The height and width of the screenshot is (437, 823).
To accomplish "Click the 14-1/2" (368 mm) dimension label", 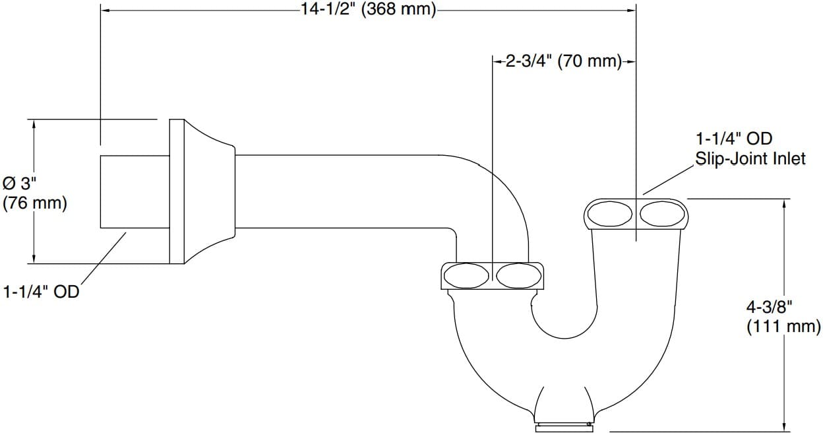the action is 369,9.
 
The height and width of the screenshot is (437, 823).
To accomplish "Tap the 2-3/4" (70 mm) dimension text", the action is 564,61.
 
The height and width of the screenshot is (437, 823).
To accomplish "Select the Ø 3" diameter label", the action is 20,184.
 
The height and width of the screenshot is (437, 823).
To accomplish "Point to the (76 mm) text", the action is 35,203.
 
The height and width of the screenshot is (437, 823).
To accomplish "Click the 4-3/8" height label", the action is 769,307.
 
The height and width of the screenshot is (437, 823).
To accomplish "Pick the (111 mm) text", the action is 783,327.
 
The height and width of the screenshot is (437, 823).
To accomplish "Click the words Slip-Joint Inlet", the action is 750,159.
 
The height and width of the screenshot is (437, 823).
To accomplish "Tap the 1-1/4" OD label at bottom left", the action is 41,292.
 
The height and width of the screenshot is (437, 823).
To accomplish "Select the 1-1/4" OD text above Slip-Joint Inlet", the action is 734,139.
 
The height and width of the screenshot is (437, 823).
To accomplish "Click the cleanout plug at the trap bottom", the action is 564,428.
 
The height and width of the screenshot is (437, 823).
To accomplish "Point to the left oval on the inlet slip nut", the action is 610,214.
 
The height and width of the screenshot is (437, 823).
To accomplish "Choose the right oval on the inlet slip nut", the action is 663,214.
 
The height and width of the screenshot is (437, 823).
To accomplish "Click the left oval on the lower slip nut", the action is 467,275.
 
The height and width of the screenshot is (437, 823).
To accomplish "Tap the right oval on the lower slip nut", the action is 519,275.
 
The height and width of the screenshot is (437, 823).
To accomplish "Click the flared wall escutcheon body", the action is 210,191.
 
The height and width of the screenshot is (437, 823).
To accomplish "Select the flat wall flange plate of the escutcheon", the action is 177,191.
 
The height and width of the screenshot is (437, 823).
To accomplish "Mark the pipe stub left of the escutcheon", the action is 135,191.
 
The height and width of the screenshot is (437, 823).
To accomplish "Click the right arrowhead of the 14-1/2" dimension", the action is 632,11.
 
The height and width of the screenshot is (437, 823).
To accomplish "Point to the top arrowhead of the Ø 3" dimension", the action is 34,124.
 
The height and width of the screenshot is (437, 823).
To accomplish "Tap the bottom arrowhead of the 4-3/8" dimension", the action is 785,426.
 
